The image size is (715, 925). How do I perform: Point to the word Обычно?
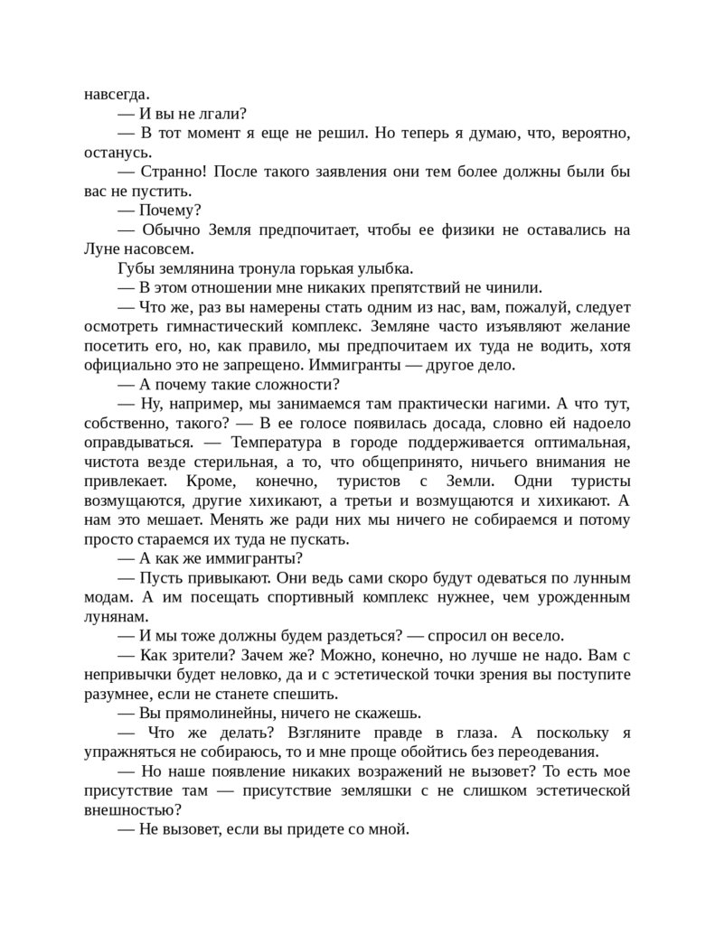pos(168,230)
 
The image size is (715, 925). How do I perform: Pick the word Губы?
pos(135,269)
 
